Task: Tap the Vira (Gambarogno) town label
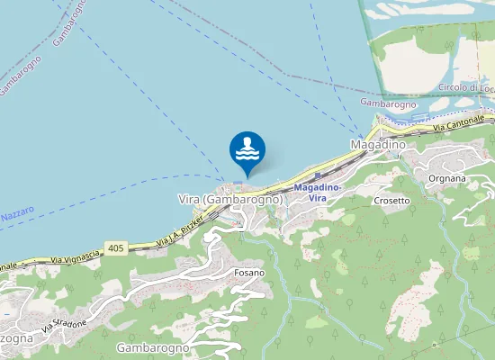pos(230,199)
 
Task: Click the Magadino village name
pos(378,144)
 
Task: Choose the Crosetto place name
pos(392,200)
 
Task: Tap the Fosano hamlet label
pos(249,272)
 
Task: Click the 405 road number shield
pos(114,247)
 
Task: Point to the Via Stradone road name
pos(67,322)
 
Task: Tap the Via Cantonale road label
pos(463,121)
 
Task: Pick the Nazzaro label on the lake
pos(17,216)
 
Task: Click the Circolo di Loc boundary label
pos(465,87)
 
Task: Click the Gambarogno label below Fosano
pos(153,347)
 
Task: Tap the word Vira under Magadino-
pos(317,197)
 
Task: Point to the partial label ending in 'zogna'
pos(16,338)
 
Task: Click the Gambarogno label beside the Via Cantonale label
pos(388,103)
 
